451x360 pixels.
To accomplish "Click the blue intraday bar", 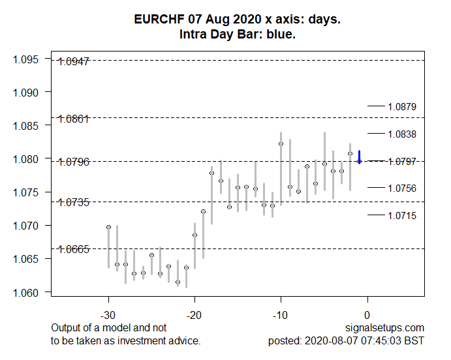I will point(359,157).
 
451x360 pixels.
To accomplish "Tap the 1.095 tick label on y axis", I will point(27,59).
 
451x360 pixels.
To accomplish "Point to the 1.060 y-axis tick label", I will point(27,292).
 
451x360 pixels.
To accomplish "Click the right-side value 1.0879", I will point(401,106).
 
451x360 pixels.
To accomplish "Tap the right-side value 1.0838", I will point(401,134).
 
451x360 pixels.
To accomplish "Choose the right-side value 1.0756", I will point(401,188).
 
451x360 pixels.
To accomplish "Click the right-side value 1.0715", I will point(401,215).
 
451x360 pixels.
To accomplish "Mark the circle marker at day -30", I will point(108,227).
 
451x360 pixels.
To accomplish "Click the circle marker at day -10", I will point(281,143).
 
